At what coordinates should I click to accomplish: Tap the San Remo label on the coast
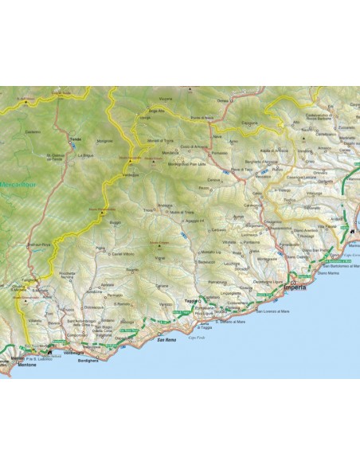(166, 342)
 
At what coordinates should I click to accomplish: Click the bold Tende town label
(76, 140)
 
